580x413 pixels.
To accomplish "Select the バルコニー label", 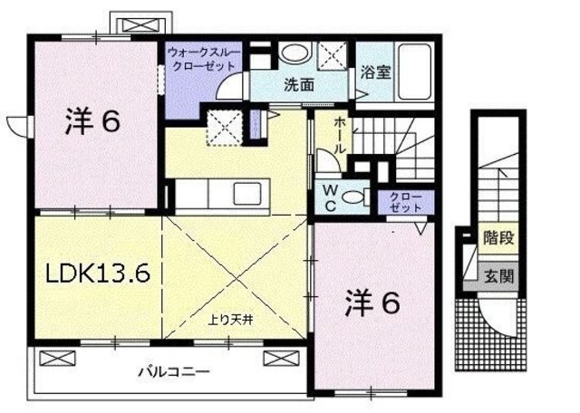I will pos(174,371).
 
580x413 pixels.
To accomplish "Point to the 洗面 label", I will pos(298,86).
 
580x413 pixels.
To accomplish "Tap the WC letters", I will pos(330,197).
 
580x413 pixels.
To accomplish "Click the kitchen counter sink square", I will pos(245,195).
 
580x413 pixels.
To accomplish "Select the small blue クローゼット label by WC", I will pos(399,200).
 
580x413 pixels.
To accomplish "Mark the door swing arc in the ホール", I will pos(326,166).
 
